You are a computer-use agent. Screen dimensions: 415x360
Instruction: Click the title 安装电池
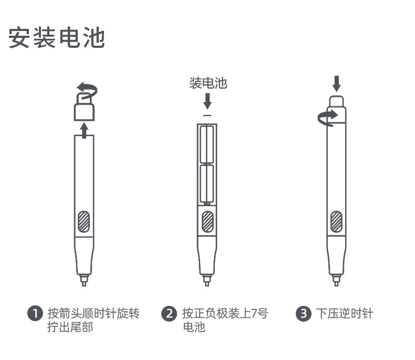click(57, 37)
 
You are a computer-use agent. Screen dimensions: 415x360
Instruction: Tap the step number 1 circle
click(35, 313)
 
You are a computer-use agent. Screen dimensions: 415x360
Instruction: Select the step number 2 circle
click(169, 314)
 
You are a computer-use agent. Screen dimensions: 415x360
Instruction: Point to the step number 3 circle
click(303, 314)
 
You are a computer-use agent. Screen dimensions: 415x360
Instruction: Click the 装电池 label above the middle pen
click(209, 83)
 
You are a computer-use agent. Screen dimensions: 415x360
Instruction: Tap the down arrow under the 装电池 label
click(207, 101)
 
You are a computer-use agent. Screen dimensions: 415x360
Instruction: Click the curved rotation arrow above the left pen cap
click(87, 91)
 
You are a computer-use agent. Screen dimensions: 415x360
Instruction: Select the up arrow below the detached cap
click(84, 130)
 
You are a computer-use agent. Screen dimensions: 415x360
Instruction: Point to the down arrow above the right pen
click(336, 84)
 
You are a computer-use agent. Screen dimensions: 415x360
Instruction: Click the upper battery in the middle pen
click(207, 145)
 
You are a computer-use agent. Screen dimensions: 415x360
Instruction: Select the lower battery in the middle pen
click(207, 183)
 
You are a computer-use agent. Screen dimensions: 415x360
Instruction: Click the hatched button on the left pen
click(84, 222)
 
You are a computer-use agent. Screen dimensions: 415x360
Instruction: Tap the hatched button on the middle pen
click(207, 222)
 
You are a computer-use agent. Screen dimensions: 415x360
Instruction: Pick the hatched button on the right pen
click(336, 222)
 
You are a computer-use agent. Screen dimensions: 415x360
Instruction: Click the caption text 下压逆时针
click(345, 314)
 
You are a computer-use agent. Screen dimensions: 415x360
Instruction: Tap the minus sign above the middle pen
click(207, 116)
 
